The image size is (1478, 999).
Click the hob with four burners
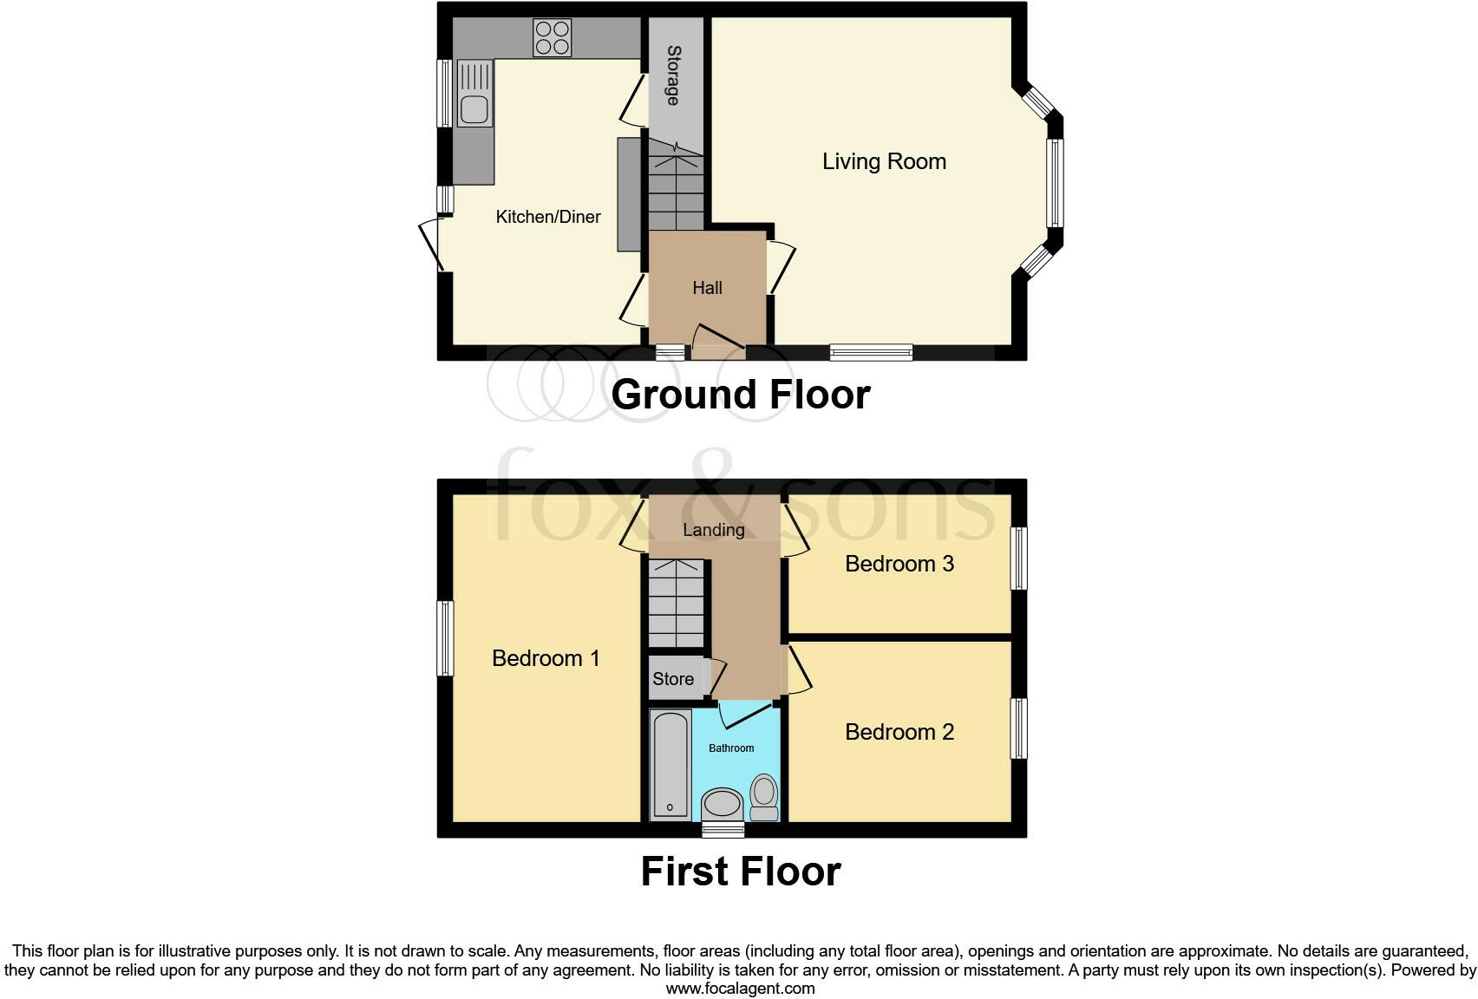point(553,37)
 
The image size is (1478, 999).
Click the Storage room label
point(672,75)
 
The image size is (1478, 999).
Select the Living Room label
point(884,161)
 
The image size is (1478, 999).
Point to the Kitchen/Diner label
point(547,217)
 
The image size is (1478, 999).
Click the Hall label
point(707,288)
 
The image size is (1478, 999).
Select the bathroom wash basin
point(722,804)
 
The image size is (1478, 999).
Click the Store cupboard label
point(672,679)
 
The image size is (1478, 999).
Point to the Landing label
point(713,530)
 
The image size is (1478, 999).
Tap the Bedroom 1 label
point(546,658)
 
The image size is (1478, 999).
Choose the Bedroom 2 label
point(899,732)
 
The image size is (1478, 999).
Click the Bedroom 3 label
point(899,564)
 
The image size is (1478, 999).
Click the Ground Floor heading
point(740,395)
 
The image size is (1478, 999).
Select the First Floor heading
point(740,872)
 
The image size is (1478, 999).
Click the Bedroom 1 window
point(445,638)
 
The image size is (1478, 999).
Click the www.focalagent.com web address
point(740,988)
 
